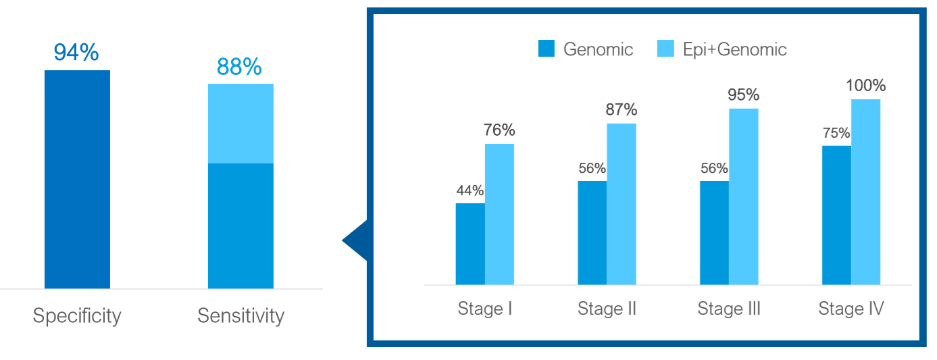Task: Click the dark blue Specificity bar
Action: (77, 179)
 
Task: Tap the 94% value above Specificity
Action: (76, 53)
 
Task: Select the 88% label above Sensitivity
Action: (238, 67)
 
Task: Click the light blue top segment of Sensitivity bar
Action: (240, 124)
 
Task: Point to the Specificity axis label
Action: (77, 315)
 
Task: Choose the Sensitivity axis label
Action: (240, 315)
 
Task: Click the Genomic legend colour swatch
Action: (546, 49)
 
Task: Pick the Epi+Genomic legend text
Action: (734, 49)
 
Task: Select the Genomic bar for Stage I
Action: (470, 244)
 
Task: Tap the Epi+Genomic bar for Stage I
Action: (499, 214)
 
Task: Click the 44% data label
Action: (470, 190)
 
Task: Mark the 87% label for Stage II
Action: (621, 109)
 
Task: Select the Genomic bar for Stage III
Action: (714, 232)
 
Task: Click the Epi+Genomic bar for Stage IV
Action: (865, 192)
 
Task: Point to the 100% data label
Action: (865, 86)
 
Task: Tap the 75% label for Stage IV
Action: (836, 133)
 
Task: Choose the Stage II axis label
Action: (607, 309)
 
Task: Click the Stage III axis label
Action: (729, 309)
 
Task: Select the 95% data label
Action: (743, 95)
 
